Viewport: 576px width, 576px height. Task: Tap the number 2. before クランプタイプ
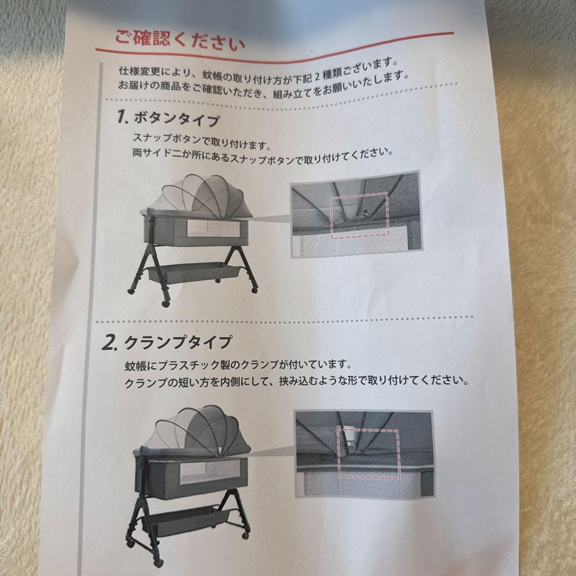(109, 343)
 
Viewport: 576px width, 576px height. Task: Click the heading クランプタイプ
(179, 342)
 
